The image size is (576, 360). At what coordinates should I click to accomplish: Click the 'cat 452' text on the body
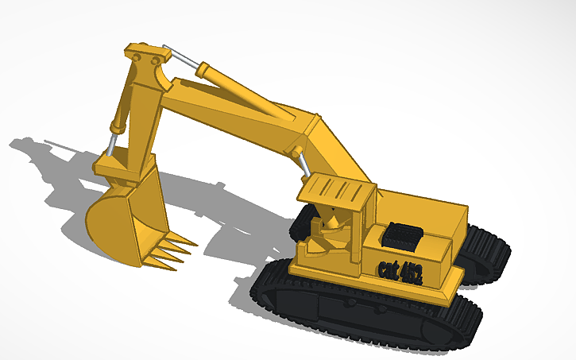(400, 269)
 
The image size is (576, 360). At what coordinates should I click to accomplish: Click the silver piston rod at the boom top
(182, 58)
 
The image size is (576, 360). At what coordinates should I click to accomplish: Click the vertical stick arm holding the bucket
(137, 119)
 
